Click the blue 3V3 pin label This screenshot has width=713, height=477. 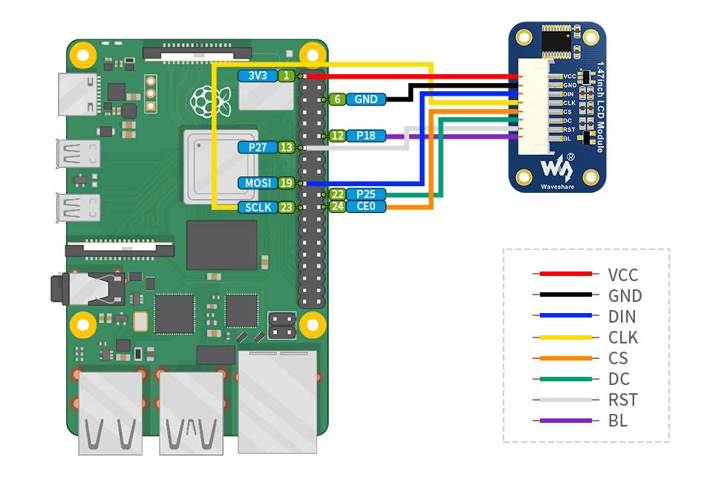tap(258, 76)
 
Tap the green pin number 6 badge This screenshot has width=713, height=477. tap(337, 99)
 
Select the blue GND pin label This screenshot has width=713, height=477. tap(365, 99)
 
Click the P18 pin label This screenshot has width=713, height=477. tap(365, 136)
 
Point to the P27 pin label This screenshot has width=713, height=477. tap(258, 148)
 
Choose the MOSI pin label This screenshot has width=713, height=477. tap(257, 182)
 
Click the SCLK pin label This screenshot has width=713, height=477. tap(257, 208)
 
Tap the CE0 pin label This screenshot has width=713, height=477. tap(365, 206)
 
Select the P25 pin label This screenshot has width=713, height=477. tap(365, 194)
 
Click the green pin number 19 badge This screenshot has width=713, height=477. tap(287, 182)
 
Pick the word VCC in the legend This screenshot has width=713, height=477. tap(622, 275)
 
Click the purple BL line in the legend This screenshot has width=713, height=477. tap(562, 421)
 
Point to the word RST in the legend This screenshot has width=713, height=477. tap(622, 400)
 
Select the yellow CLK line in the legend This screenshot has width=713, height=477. tap(562, 337)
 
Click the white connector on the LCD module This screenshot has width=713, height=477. tap(535, 107)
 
